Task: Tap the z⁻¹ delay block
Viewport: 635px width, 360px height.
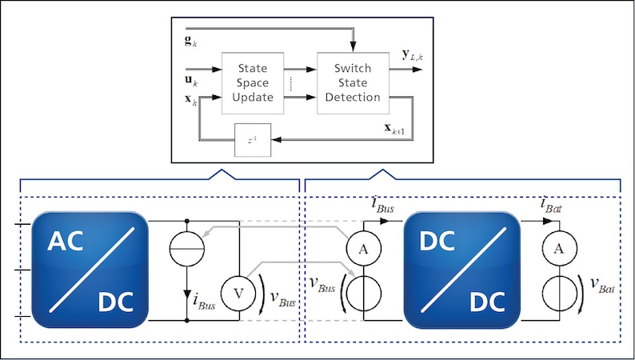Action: pyautogui.click(x=252, y=141)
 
